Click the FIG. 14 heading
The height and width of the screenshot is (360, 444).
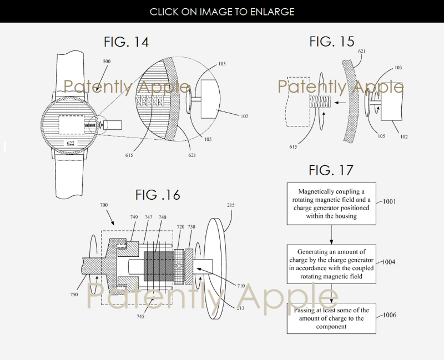click(127, 42)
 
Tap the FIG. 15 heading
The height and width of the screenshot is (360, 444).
click(331, 41)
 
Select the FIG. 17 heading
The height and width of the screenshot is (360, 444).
click(331, 170)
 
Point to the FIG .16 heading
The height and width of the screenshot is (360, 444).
click(158, 195)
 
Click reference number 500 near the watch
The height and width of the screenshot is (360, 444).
click(107, 62)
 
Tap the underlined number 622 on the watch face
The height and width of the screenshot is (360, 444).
click(70, 143)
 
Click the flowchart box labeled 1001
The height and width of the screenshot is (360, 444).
click(331, 204)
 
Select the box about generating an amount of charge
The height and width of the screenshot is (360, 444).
click(331, 264)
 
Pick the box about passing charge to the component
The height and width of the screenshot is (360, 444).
click(331, 318)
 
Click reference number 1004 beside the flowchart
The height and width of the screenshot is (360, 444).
click(389, 262)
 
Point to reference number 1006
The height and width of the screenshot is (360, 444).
click(390, 315)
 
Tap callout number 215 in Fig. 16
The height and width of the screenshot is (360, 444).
click(231, 205)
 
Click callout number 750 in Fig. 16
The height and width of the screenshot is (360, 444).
click(74, 295)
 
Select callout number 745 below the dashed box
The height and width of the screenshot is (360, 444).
click(140, 316)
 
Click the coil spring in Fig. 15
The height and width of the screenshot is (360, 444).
click(320, 102)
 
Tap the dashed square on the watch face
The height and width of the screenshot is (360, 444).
click(72, 124)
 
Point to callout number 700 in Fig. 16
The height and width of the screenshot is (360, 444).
click(104, 205)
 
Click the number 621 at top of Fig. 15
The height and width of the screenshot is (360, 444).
click(362, 51)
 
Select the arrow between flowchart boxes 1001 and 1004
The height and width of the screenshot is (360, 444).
click(331, 235)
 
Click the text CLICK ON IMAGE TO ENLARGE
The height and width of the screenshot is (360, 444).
click(222, 12)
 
